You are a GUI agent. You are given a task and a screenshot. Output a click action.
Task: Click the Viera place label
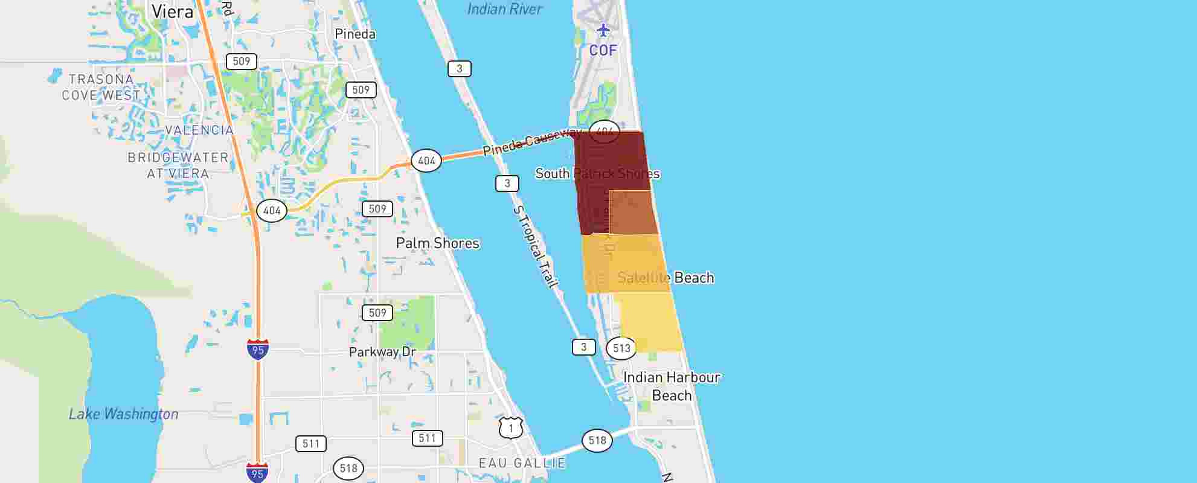(x=172, y=11)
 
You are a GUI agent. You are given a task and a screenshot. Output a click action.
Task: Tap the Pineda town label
(x=355, y=34)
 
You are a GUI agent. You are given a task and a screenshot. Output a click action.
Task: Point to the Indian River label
(x=505, y=9)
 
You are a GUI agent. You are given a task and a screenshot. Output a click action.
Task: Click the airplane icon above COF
(x=603, y=30)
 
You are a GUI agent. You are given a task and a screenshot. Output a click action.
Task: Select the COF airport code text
(x=603, y=50)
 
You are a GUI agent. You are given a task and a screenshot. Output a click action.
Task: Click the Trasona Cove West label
(x=101, y=88)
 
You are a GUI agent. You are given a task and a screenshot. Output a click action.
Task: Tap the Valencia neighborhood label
(x=199, y=130)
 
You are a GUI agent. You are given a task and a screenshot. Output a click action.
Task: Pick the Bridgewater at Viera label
(x=178, y=165)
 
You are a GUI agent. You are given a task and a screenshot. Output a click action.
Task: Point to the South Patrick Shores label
(x=597, y=174)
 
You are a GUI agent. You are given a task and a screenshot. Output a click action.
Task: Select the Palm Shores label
(x=437, y=243)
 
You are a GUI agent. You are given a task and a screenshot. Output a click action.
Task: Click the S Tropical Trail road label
(x=536, y=246)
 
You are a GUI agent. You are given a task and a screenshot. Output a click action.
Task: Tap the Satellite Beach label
(x=666, y=278)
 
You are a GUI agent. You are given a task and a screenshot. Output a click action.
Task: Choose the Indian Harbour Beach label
(x=672, y=386)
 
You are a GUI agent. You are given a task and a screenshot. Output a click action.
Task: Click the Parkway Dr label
(x=382, y=352)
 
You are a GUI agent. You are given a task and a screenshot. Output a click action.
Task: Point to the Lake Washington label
(x=123, y=414)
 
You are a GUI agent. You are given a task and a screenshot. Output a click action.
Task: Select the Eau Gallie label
(x=522, y=463)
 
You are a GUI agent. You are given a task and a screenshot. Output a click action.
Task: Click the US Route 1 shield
(x=511, y=428)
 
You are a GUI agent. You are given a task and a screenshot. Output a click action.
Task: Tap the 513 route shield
(x=621, y=348)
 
